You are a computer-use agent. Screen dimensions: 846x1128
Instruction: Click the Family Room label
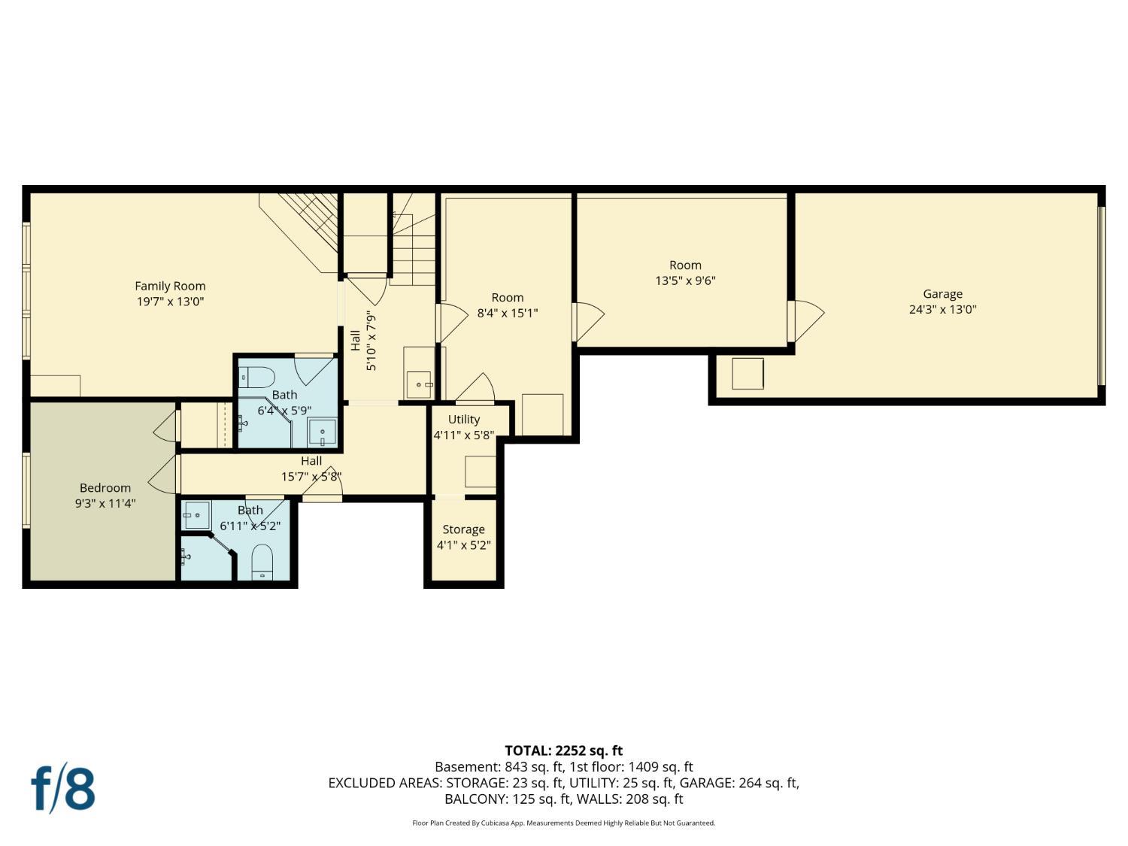(170, 286)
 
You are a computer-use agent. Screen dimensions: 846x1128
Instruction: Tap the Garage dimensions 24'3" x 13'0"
(942, 309)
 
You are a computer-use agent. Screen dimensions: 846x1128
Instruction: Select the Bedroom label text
(105, 487)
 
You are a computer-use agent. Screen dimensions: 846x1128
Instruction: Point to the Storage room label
(463, 529)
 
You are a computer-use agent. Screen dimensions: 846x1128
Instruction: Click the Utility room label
(464, 420)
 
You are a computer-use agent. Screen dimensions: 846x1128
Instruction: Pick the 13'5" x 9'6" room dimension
(685, 280)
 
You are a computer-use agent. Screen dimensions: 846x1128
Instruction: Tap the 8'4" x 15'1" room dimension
(508, 313)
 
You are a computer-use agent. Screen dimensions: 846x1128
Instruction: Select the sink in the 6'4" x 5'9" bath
(322, 432)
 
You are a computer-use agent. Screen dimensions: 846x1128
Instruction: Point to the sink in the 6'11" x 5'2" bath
(197, 515)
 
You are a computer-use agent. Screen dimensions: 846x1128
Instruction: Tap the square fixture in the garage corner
(747, 374)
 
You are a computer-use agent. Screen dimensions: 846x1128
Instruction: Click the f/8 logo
(63, 788)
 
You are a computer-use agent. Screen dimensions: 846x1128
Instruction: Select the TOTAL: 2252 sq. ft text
(563, 750)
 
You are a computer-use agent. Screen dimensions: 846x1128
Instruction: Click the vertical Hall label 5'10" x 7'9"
(362, 341)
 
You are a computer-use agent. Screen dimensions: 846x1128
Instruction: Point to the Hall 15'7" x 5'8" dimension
(311, 477)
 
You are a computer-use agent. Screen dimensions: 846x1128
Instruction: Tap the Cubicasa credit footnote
(563, 823)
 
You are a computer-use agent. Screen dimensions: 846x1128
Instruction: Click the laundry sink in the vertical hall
(420, 384)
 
